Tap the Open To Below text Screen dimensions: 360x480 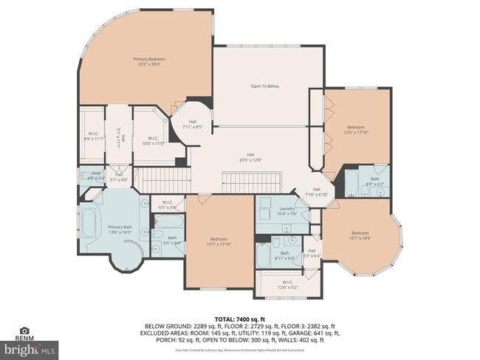point(264,86)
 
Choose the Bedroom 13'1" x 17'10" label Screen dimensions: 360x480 point(219,241)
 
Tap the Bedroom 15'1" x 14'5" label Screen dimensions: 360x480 point(360,235)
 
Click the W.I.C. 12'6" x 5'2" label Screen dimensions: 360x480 point(287,285)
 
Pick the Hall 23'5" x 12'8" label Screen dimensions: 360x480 point(250,157)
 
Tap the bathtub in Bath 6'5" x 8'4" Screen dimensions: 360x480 point(171,221)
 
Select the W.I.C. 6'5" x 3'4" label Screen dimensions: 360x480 point(167,205)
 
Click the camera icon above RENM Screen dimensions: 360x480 point(25,331)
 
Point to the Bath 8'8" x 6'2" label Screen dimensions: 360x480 point(374,181)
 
